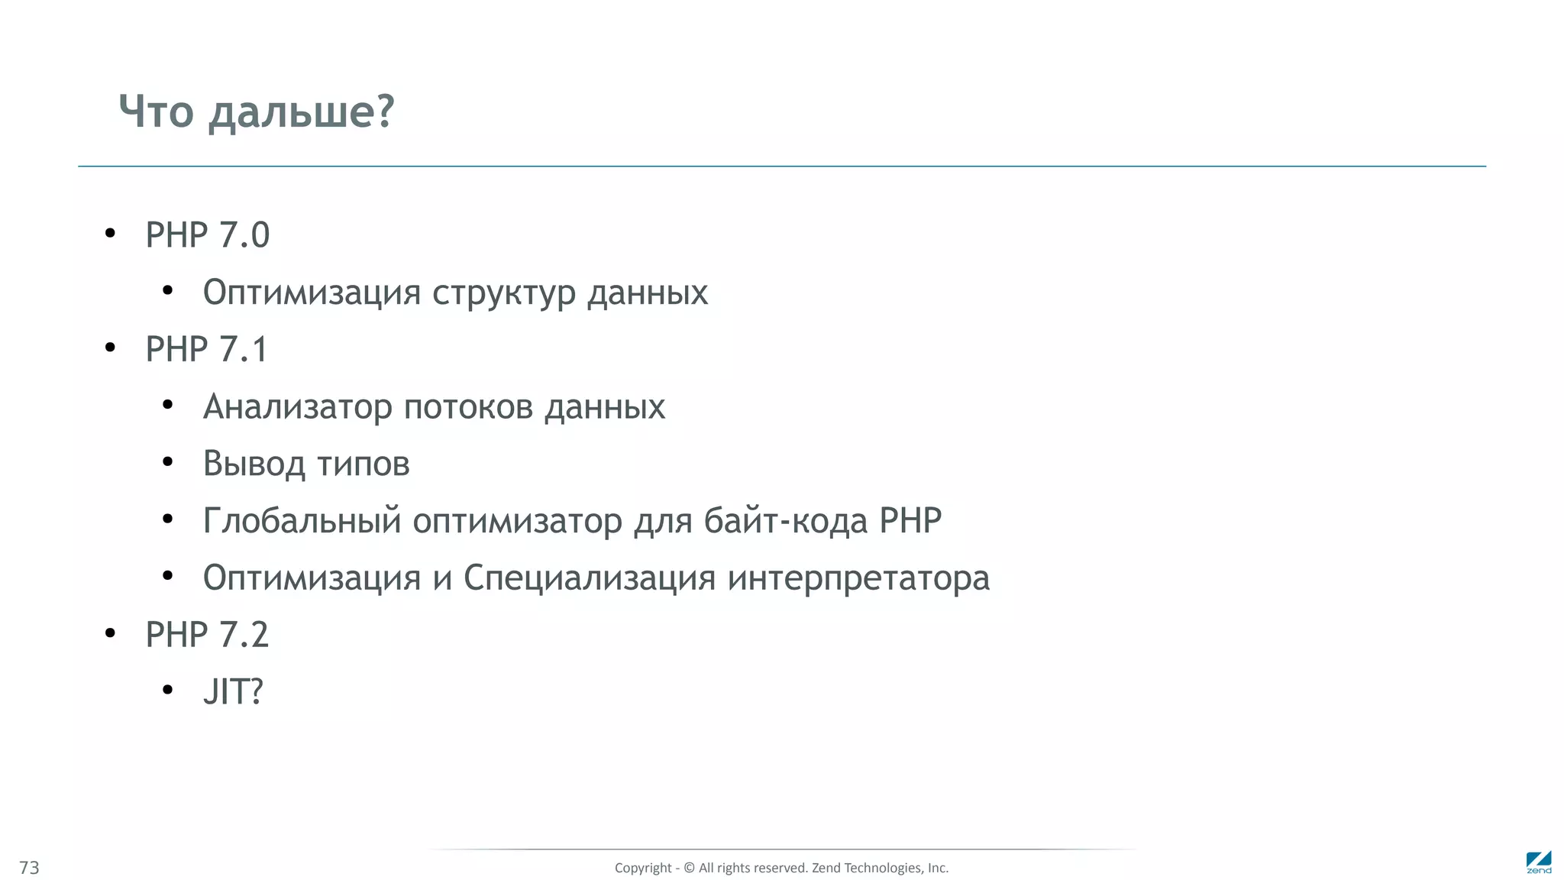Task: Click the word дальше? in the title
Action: point(302,112)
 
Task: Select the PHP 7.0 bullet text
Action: point(207,235)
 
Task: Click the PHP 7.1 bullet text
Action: point(206,349)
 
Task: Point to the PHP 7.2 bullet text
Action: point(207,635)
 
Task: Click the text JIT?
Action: point(233,691)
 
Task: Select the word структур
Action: point(503,293)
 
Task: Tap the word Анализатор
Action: point(297,406)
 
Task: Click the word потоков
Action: point(468,406)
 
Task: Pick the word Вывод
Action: point(254,464)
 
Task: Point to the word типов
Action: point(364,464)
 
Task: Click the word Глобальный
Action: point(302,521)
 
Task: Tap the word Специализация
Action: point(590,577)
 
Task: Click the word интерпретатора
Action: point(858,578)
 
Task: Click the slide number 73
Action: point(29,868)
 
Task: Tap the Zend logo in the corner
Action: point(1539,862)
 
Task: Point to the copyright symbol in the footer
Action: point(689,868)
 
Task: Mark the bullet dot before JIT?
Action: point(168,691)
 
